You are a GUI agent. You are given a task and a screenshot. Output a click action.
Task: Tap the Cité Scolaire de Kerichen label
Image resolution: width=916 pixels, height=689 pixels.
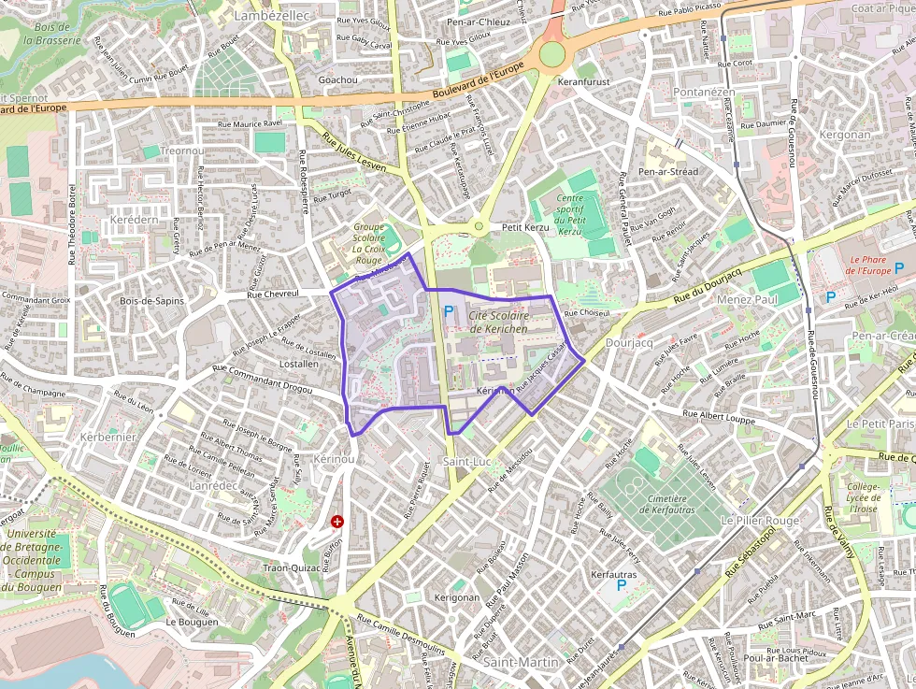pyautogui.click(x=498, y=323)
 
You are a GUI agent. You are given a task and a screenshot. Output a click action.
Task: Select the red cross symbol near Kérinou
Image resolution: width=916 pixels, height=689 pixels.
pyautogui.click(x=337, y=522)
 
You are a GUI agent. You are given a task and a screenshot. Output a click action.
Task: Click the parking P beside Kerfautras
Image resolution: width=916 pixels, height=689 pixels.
pyautogui.click(x=621, y=586)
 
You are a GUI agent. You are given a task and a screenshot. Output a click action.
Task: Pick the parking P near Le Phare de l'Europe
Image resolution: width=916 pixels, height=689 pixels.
pyautogui.click(x=831, y=297)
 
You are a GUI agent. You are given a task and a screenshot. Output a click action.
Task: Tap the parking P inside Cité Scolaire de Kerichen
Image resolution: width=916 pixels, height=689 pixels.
pyautogui.click(x=449, y=311)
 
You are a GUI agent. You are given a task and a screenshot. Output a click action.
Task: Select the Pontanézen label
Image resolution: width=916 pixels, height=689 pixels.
pyautogui.click(x=705, y=93)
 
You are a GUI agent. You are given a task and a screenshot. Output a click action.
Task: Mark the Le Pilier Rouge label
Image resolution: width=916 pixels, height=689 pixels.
pyautogui.click(x=760, y=520)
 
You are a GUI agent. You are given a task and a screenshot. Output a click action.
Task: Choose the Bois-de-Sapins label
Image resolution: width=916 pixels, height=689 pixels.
pyautogui.click(x=152, y=300)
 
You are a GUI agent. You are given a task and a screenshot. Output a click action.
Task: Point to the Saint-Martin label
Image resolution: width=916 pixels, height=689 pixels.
pyautogui.click(x=522, y=662)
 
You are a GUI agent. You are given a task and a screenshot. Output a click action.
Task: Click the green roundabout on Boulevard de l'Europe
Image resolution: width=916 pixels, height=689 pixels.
pyautogui.click(x=552, y=54)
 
